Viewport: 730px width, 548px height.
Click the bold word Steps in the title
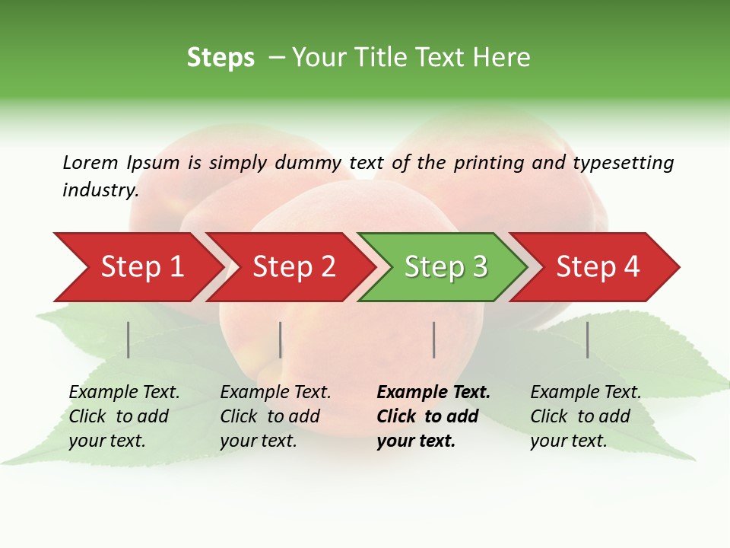pyautogui.click(x=221, y=58)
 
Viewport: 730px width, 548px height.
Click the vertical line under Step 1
pyautogui.click(x=129, y=339)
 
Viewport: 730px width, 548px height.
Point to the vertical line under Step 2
pyautogui.click(x=281, y=339)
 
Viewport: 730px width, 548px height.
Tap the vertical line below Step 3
pyautogui.click(x=434, y=339)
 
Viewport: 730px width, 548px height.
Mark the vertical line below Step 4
pyautogui.click(x=587, y=339)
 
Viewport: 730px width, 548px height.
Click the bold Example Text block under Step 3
pyautogui.click(x=433, y=416)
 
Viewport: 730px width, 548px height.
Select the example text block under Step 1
pyautogui.click(x=124, y=416)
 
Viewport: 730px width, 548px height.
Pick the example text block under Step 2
pyautogui.click(x=275, y=416)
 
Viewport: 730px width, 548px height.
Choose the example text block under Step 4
pyautogui.click(x=586, y=416)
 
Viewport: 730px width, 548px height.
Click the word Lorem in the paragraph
pyautogui.click(x=90, y=162)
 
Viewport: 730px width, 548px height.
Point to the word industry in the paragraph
pyautogui.click(x=99, y=190)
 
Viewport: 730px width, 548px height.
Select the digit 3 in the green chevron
pyautogui.click(x=478, y=267)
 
